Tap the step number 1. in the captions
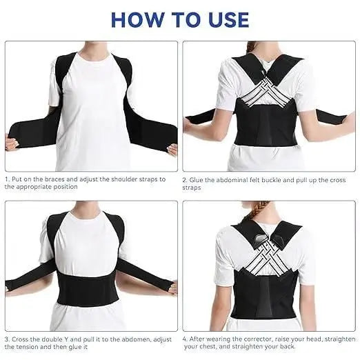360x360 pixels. (x=8, y=179)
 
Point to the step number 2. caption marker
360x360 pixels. (x=186, y=179)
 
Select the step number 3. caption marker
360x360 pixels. (x=8, y=339)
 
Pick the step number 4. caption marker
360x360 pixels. (x=186, y=339)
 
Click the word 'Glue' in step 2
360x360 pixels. (x=199, y=179)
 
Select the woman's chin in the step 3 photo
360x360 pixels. (x=88, y=206)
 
